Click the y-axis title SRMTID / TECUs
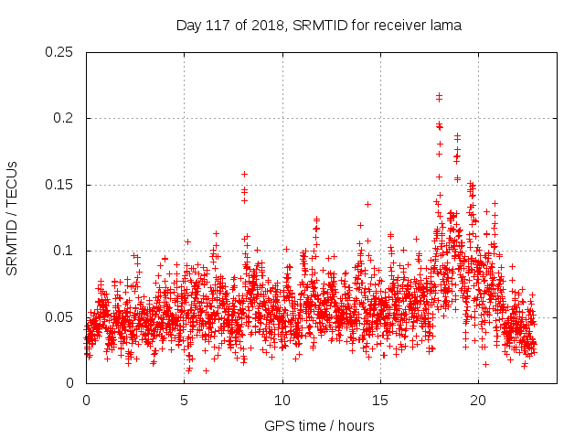click(x=13, y=218)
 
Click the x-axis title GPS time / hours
click(x=319, y=425)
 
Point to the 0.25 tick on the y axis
click(x=60, y=52)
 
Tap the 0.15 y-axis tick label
click(x=60, y=185)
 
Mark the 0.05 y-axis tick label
click(x=60, y=316)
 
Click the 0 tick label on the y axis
click(x=71, y=383)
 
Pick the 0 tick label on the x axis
click(x=86, y=401)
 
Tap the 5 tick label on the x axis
click(x=185, y=401)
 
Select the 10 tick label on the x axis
click(x=282, y=401)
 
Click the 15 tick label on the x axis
click(x=380, y=401)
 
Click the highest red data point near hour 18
click(x=439, y=94)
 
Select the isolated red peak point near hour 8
click(x=244, y=174)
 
